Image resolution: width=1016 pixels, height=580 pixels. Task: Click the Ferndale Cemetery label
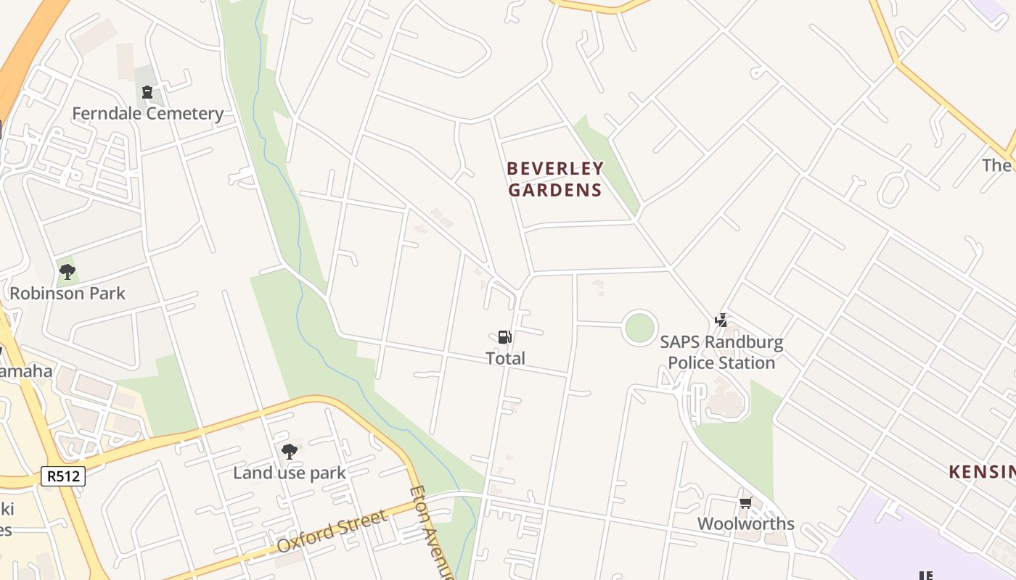pyautogui.click(x=147, y=114)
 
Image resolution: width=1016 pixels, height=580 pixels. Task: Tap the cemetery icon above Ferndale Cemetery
pyautogui.click(x=147, y=92)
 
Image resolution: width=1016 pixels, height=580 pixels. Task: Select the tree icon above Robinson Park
pyautogui.click(x=67, y=273)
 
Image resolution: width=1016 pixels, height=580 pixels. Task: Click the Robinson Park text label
pyautogui.click(x=67, y=294)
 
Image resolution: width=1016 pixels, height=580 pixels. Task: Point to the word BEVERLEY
pyautogui.click(x=555, y=169)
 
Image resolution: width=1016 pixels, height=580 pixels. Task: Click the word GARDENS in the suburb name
pyautogui.click(x=555, y=191)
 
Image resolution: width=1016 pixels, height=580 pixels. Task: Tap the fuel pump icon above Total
pyautogui.click(x=505, y=336)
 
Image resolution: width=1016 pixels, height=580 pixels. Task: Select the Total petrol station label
pyautogui.click(x=505, y=358)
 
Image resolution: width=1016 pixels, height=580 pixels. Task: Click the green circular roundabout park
pyautogui.click(x=639, y=328)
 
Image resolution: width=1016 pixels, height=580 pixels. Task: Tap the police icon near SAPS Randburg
pyautogui.click(x=721, y=320)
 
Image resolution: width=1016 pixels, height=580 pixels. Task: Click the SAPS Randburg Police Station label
pyautogui.click(x=721, y=352)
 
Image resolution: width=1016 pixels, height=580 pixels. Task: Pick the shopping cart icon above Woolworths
pyautogui.click(x=745, y=502)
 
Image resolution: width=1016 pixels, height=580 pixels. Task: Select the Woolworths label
pyautogui.click(x=745, y=523)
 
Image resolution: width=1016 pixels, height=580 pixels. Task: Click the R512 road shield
pyautogui.click(x=63, y=476)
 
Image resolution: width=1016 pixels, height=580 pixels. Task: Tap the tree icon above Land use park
pyautogui.click(x=289, y=452)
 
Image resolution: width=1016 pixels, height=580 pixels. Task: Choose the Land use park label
pyautogui.click(x=289, y=473)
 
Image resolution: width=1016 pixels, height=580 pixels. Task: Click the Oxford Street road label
pyautogui.click(x=332, y=531)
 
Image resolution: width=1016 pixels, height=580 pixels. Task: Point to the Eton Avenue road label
pyautogui.click(x=431, y=531)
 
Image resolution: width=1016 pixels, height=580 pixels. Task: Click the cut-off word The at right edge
pyautogui.click(x=997, y=165)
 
